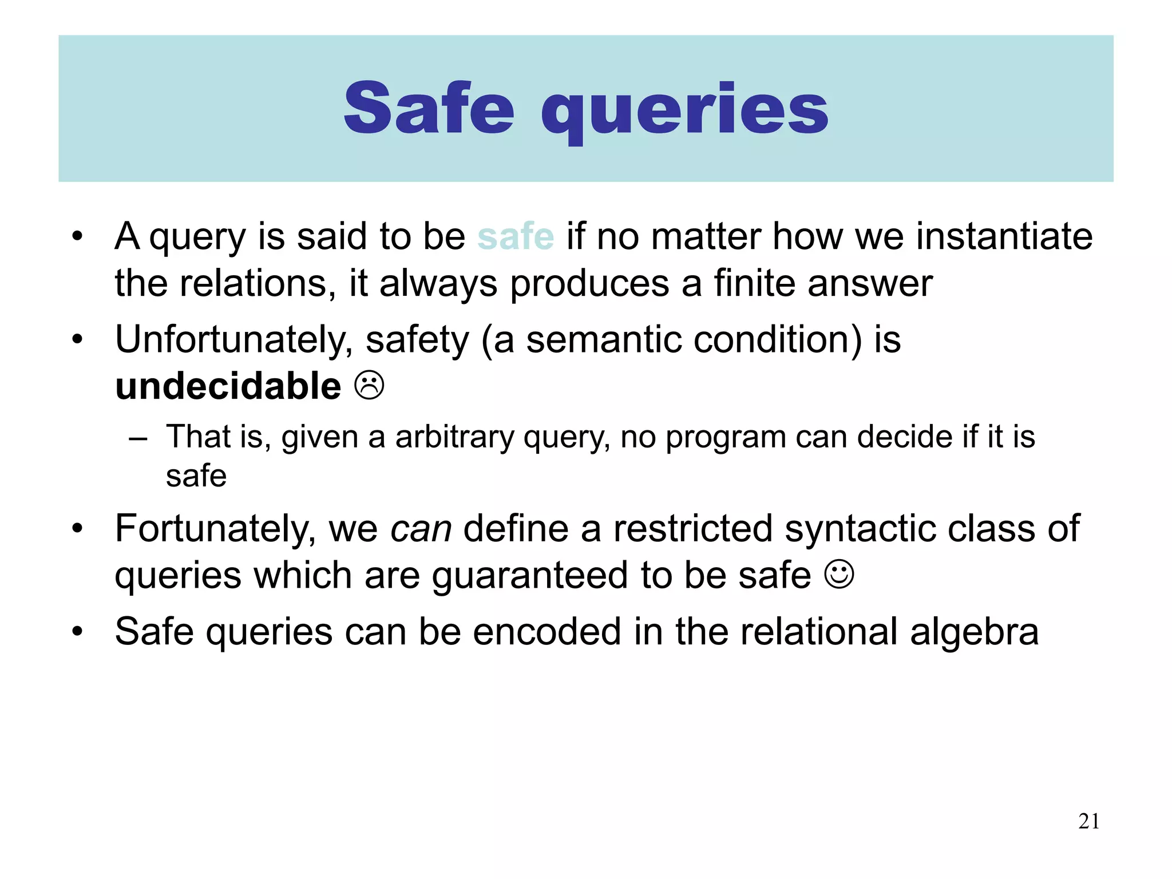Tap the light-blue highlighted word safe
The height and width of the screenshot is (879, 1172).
(516, 236)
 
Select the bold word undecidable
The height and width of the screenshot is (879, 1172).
(228, 386)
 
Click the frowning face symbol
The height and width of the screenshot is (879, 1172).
(369, 386)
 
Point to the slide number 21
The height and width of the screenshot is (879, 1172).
(1088, 821)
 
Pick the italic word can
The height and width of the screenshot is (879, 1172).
(421, 528)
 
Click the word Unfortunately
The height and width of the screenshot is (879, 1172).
(233, 340)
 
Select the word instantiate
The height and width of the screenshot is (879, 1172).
(1004, 236)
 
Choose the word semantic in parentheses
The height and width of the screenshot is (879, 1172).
(603, 339)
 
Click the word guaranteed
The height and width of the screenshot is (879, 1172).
(530, 576)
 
